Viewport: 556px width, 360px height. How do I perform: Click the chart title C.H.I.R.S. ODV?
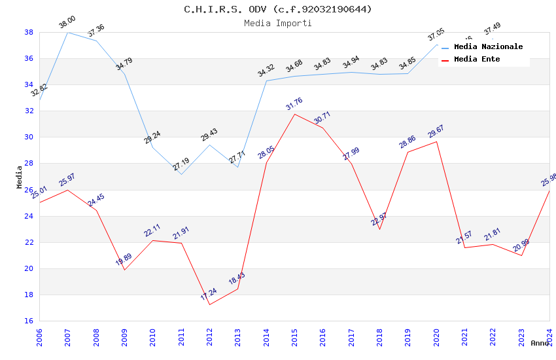point(278,9)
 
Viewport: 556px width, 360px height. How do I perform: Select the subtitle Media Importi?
point(278,23)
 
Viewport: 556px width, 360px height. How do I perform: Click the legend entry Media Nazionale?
point(488,46)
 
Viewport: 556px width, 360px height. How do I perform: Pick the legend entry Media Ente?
point(477,59)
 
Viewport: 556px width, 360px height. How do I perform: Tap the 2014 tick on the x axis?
point(266,336)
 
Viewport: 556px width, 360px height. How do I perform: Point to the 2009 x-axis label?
point(124,336)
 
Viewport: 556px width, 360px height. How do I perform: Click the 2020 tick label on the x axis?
point(436,336)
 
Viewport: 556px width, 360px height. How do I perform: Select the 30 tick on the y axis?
point(29,137)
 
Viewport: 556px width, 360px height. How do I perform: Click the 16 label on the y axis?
point(29,321)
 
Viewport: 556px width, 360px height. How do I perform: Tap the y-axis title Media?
point(20,177)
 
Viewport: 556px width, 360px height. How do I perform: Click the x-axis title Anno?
point(540,343)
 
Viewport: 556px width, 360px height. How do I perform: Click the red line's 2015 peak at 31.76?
point(294,114)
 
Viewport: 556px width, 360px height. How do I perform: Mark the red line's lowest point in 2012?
point(209,304)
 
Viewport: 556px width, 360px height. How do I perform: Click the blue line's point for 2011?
point(181,174)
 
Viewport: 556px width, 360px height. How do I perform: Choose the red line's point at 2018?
point(379,229)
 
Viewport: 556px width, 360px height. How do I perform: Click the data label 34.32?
point(266,71)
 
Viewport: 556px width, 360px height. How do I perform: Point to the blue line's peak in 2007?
point(67,32)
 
